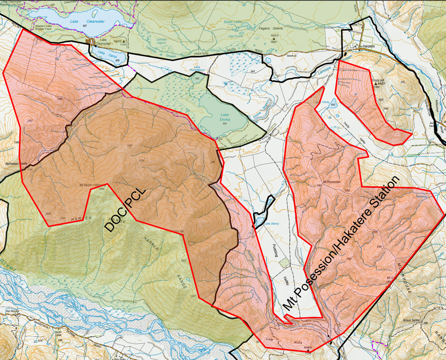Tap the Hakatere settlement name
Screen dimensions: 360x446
point(367,46)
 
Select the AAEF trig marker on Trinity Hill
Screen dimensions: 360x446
point(382,84)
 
